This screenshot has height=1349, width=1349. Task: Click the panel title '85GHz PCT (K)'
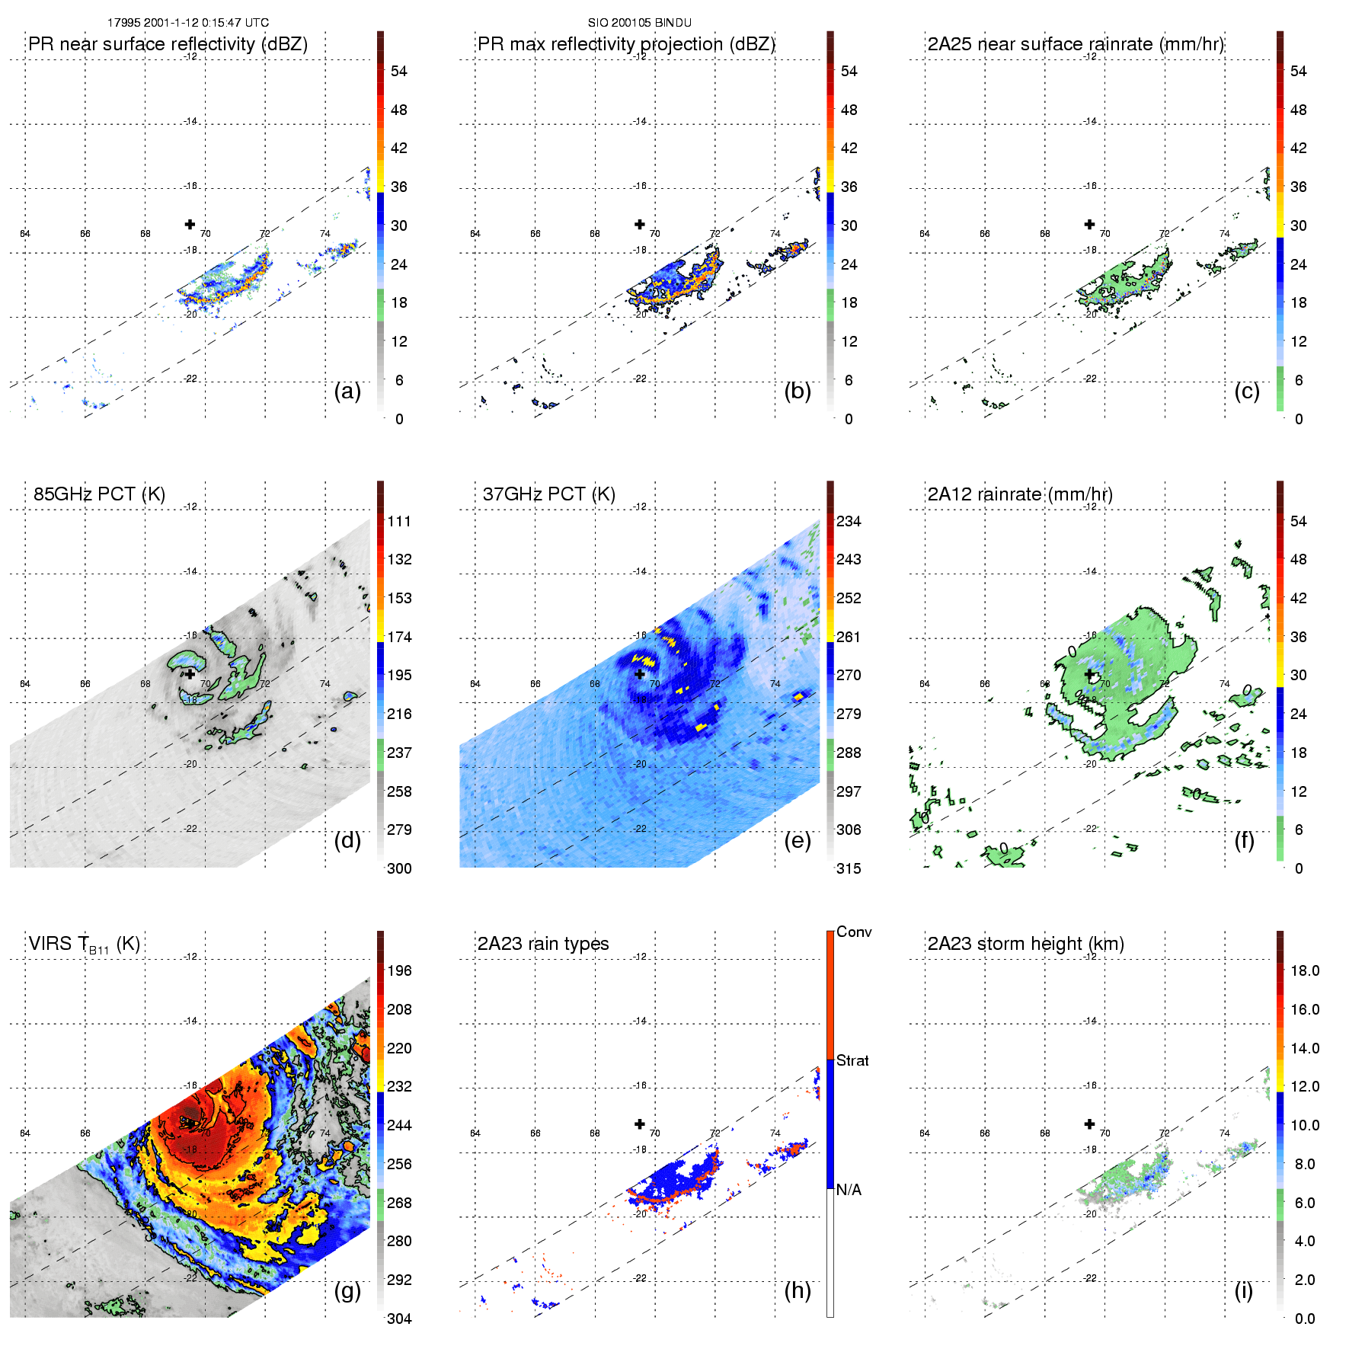[x=99, y=494]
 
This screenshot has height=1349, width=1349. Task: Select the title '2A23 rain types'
[x=543, y=943]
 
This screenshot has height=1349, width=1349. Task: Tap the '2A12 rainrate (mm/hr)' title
[x=1020, y=494]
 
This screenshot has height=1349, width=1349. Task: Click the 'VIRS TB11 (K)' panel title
[x=84, y=944]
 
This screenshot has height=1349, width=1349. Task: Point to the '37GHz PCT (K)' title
[x=548, y=494]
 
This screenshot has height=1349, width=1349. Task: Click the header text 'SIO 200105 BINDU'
[x=639, y=23]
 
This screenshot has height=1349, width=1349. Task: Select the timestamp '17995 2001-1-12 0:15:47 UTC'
[x=187, y=23]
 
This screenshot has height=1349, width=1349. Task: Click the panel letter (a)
[x=347, y=391]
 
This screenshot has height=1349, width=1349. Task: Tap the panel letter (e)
[x=797, y=840]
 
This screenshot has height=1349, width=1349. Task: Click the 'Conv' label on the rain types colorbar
[x=854, y=932]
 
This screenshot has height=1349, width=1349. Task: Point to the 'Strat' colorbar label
[x=852, y=1060]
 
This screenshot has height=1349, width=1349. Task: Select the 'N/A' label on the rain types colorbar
[x=849, y=1189]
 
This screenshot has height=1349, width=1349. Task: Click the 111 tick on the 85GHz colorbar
[x=399, y=521]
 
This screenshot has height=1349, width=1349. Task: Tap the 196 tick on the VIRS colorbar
[x=399, y=970]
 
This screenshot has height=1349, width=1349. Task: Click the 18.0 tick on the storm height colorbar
[x=1305, y=970]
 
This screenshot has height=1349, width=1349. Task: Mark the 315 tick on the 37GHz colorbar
[x=849, y=868]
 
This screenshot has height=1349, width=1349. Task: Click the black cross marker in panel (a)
[x=190, y=224]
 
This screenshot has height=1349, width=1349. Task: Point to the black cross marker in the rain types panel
[x=640, y=1124]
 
